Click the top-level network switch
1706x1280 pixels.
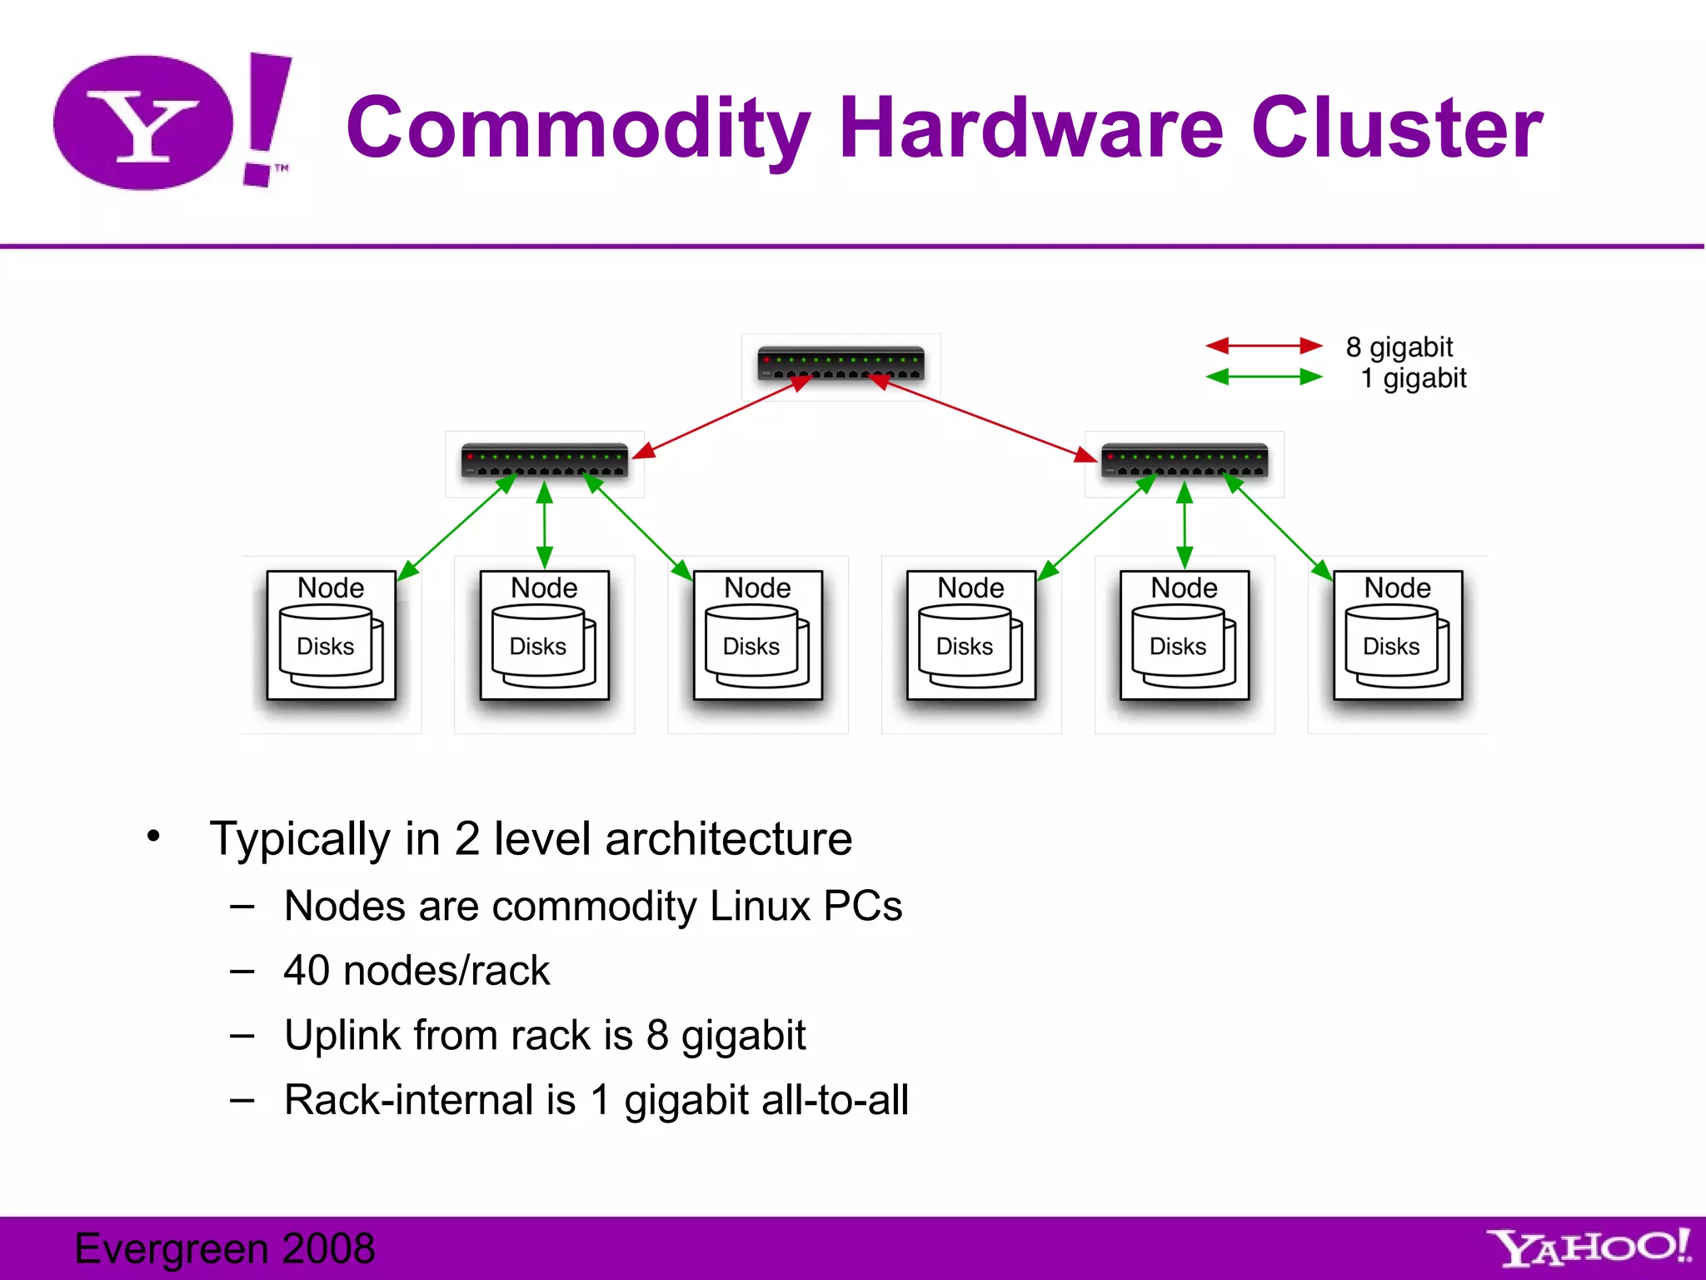click(841, 364)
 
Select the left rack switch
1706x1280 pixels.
click(544, 461)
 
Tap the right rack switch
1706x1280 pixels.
click(1184, 461)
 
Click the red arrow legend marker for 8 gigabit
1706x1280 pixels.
click(1264, 346)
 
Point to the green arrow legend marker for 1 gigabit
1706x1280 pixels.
click(1264, 377)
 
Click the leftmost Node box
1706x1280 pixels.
click(331, 635)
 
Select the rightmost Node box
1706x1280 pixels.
click(1397, 635)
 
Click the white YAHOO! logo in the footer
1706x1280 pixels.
click(1588, 1247)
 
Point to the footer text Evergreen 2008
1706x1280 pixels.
click(224, 1248)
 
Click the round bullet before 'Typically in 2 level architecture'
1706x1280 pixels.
click(153, 836)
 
